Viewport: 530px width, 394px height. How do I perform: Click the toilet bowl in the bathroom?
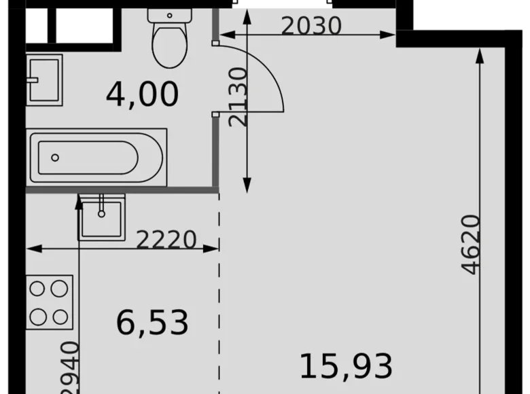point(169,44)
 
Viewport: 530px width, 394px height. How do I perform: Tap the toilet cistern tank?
point(169,14)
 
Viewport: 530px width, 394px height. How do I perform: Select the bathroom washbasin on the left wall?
point(44,79)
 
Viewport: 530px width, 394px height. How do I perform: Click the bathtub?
point(97,158)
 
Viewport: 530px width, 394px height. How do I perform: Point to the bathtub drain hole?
point(55,158)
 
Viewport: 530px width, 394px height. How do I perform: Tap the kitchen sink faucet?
point(101,204)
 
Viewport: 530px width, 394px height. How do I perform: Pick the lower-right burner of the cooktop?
point(60,316)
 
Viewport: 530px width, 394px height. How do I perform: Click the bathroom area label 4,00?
point(142,94)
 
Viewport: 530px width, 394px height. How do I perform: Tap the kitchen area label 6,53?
point(152,322)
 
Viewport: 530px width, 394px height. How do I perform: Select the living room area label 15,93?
point(346,367)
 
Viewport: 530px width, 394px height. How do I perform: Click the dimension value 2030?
point(311,26)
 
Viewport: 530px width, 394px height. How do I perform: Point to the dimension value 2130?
point(238,96)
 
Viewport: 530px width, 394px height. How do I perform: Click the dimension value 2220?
point(166,239)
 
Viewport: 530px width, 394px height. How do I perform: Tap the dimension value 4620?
point(470,245)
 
